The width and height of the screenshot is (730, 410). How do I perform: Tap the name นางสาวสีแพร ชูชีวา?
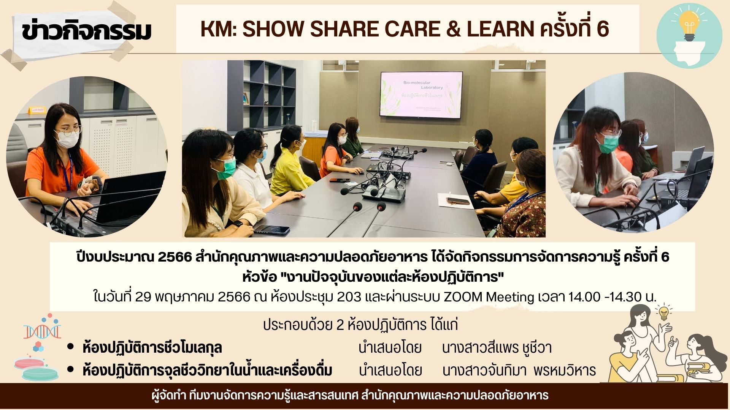click(497, 348)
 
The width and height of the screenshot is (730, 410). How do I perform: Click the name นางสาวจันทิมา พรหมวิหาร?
click(519, 370)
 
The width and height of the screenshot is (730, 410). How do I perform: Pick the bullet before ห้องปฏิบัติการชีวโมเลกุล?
click(70, 347)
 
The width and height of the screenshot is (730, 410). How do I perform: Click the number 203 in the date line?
click(349, 296)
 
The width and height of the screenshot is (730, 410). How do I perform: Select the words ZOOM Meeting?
click(489, 297)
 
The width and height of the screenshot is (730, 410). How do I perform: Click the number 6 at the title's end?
click(603, 29)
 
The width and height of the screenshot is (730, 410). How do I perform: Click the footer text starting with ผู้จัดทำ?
click(350, 396)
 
